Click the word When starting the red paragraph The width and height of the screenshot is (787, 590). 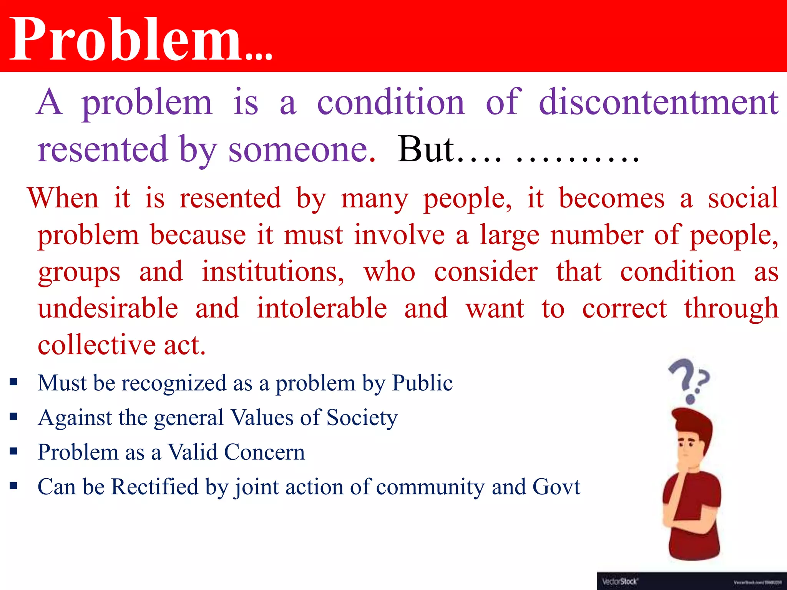click(63, 198)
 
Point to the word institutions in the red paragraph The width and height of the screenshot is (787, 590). click(273, 272)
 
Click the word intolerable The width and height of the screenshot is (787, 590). click(322, 308)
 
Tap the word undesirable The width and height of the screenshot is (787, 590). click(108, 308)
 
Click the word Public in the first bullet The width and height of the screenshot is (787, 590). click(422, 383)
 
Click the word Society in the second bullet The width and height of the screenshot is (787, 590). click(362, 418)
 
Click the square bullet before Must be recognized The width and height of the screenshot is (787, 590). click(14, 382)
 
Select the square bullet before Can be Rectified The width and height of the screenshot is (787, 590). click(14, 486)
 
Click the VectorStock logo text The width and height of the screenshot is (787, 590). click(620, 582)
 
